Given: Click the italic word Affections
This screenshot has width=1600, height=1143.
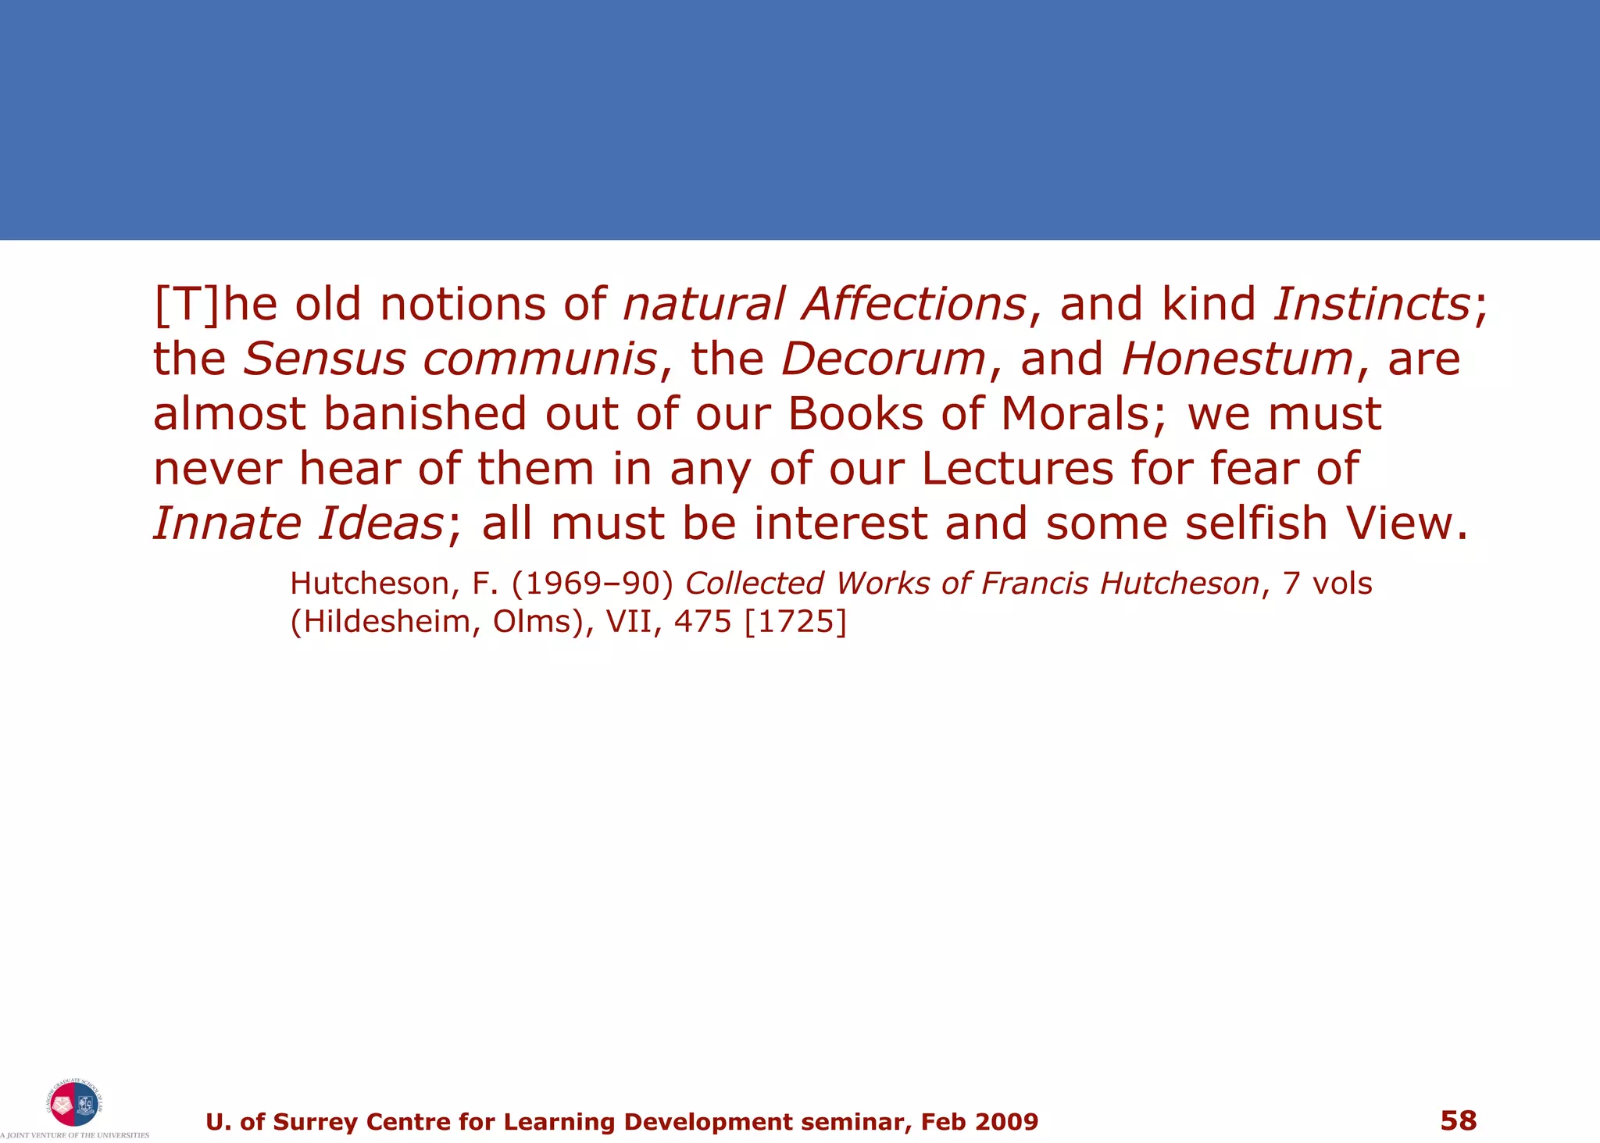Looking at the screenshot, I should coord(913,304).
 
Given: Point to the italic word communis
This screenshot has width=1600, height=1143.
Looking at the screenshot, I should coord(540,359).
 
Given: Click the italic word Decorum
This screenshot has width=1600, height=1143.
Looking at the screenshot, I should coord(884,359).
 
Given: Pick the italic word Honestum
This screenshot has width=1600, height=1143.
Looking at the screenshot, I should coord(1237,359).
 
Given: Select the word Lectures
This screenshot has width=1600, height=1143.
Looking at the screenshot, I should coord(1017,469).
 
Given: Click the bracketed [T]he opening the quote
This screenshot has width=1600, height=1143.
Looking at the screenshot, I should coord(215,304).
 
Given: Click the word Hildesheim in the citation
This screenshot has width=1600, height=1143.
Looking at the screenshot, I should coord(380,622).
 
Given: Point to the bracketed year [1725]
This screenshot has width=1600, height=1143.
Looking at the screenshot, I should coord(795,622).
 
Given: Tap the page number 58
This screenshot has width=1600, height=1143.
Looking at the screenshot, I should coord(1458,1120).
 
